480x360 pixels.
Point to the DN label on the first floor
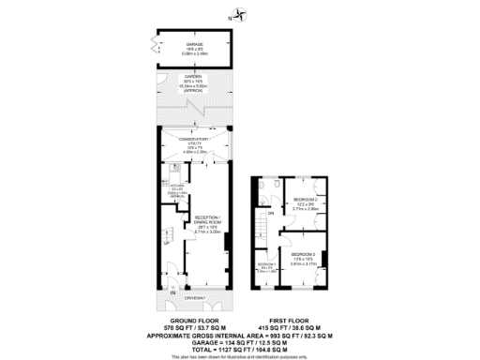271,215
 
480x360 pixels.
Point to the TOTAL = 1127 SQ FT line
242,347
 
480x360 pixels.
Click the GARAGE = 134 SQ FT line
242,339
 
